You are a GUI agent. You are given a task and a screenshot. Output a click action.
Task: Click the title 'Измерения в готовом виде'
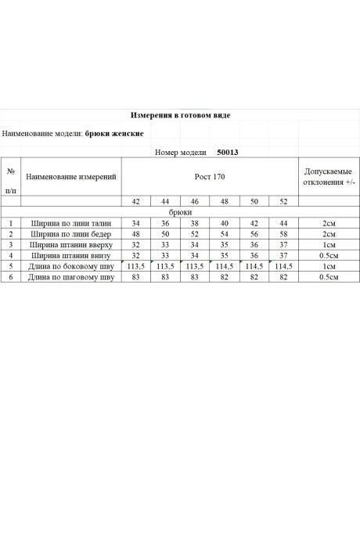pyautogui.click(x=180, y=115)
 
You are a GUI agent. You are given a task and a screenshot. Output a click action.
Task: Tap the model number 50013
pyautogui.click(x=228, y=153)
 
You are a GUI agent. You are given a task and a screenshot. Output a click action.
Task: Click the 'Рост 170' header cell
pyautogui.click(x=210, y=177)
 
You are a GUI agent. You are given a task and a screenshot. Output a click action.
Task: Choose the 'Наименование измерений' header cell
pyautogui.click(x=71, y=177)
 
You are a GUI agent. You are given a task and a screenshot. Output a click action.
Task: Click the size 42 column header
pyautogui.click(x=135, y=202)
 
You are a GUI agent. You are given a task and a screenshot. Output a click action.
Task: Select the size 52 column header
pyautogui.click(x=283, y=202)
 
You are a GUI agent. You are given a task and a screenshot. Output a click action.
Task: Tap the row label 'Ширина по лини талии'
pyautogui.click(x=71, y=223)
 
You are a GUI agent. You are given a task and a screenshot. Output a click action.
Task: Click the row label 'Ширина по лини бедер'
pyautogui.click(x=71, y=234)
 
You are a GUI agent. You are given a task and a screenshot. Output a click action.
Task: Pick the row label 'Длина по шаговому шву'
pyautogui.click(x=71, y=277)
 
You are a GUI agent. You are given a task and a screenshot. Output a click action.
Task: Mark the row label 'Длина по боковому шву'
pyautogui.click(x=71, y=266)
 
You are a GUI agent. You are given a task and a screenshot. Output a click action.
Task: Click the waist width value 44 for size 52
pyautogui.click(x=283, y=223)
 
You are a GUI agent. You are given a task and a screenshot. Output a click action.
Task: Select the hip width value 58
pyautogui.click(x=283, y=234)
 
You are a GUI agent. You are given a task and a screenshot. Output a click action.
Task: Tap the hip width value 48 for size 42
pyautogui.click(x=135, y=234)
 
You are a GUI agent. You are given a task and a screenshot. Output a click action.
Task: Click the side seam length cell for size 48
pyautogui.click(x=225, y=266)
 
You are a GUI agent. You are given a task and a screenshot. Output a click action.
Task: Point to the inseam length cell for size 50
pyautogui.click(x=254, y=277)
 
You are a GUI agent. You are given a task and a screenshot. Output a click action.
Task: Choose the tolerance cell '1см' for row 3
pyautogui.click(x=329, y=244)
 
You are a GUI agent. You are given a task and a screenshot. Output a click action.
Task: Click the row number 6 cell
pyautogui.click(x=11, y=277)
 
